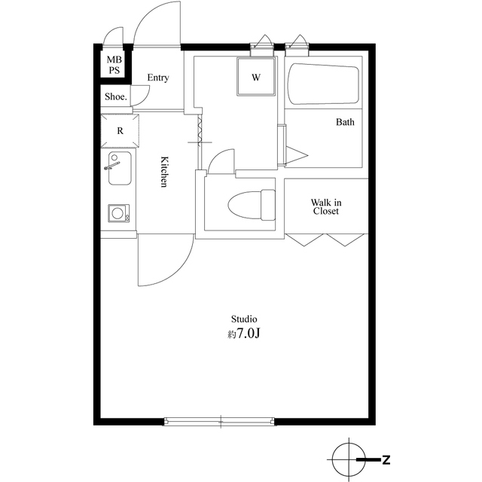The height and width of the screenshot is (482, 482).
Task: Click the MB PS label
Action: [x=114, y=65]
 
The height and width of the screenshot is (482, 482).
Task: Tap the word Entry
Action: [x=158, y=78]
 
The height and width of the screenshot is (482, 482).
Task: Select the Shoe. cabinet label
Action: [x=116, y=97]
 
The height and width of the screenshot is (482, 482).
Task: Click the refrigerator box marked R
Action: [x=120, y=130]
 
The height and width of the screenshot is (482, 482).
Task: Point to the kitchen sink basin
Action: [x=120, y=168]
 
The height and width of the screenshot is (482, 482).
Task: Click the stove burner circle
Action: [x=117, y=213]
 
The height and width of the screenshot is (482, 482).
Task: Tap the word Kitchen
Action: [x=164, y=172]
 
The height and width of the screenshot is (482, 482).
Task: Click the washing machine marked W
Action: [x=256, y=77]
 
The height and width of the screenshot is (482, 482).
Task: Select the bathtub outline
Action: [x=323, y=84]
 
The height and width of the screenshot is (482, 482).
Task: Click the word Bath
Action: [x=345, y=122]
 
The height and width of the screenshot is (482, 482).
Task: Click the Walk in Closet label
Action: [x=326, y=206]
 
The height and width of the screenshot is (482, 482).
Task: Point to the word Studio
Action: [x=244, y=319]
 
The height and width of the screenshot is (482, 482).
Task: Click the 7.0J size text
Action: [x=248, y=334]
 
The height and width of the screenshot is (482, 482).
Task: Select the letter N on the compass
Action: [x=386, y=460]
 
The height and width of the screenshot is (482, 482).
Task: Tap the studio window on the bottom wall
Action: [x=219, y=421]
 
